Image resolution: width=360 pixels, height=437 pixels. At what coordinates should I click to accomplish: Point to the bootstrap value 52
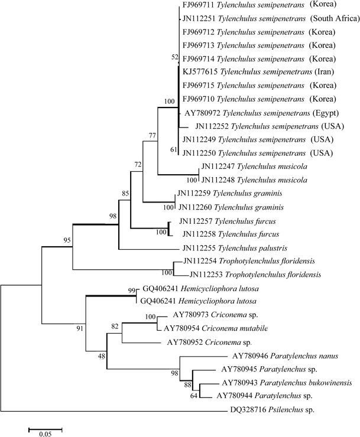tap(173, 57)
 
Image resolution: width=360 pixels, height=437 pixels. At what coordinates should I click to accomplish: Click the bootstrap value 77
tap(153, 136)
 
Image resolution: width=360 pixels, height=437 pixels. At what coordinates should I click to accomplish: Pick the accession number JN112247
tap(220, 167)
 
